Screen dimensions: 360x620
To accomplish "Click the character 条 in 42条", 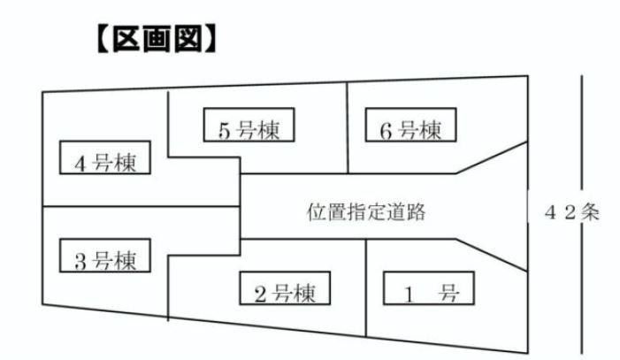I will pos(589,212).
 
